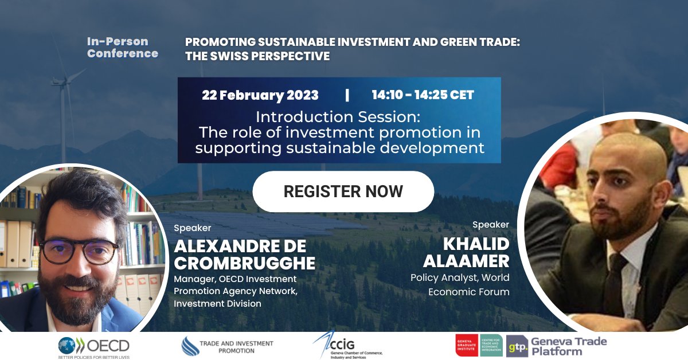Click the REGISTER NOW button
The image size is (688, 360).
pyautogui.click(x=343, y=191)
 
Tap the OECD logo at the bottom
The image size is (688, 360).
pyautogui.click(x=93, y=346)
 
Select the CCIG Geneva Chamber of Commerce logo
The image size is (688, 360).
pyautogui.click(x=347, y=346)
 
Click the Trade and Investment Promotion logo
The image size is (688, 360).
pyautogui.click(x=228, y=346)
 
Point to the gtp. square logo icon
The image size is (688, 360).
pyautogui.click(x=517, y=346)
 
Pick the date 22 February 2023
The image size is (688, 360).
pyautogui.click(x=260, y=95)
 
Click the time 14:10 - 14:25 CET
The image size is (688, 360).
pyautogui.click(x=423, y=95)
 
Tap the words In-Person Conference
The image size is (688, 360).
pyautogui.click(x=122, y=48)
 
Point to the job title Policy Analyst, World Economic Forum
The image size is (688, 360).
pyautogui.click(x=460, y=284)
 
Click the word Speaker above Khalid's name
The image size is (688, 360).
pyautogui.click(x=491, y=224)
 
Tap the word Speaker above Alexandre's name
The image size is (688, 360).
pyautogui.click(x=193, y=228)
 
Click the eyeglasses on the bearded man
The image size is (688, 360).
pyautogui.click(x=79, y=250)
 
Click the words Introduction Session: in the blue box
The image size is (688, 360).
pyautogui.click(x=338, y=117)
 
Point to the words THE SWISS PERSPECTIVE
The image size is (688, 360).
pyautogui.click(x=257, y=56)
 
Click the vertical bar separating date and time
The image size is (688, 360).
pyautogui.click(x=347, y=95)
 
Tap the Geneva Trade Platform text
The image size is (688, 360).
pyautogui.click(x=568, y=346)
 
